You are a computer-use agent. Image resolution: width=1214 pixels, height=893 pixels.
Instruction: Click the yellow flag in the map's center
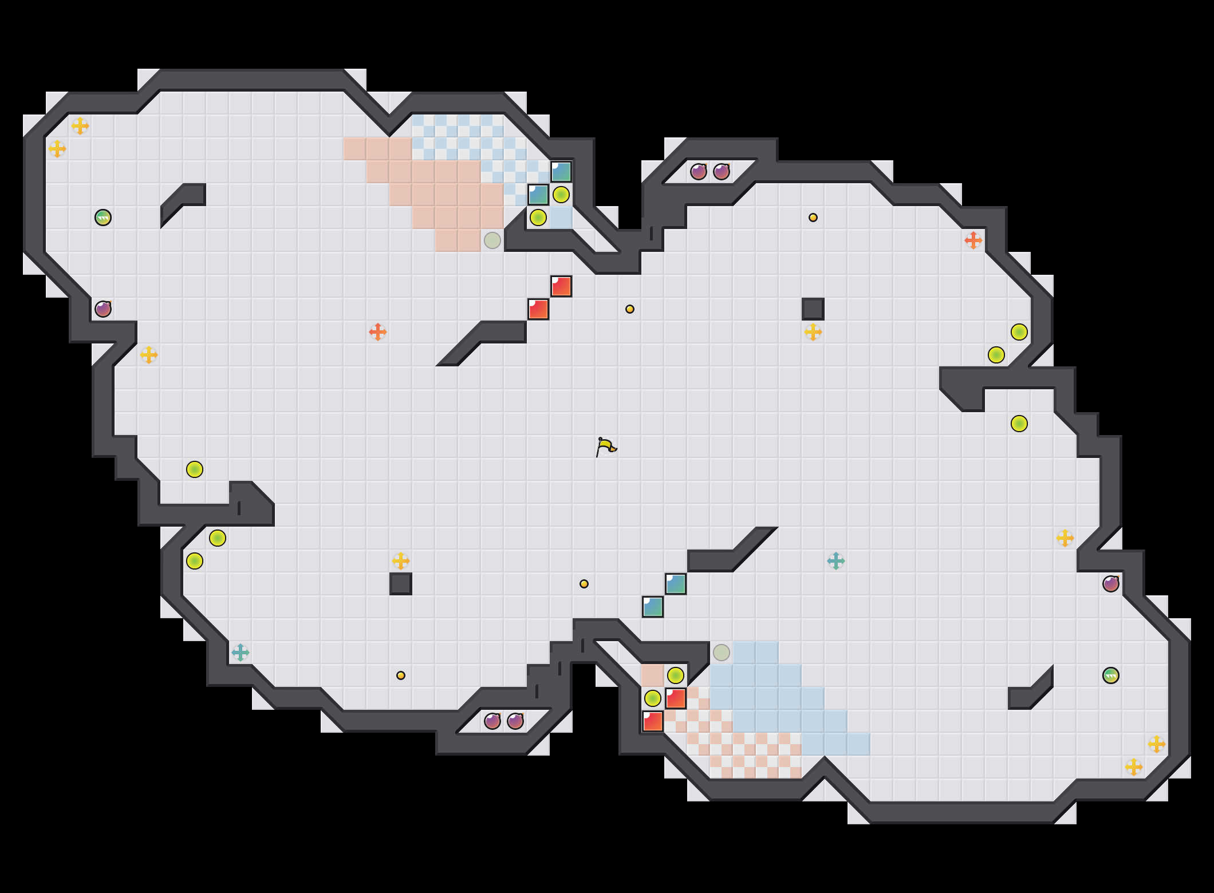pos(606,446)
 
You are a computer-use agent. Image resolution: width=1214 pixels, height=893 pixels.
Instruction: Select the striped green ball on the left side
pos(103,218)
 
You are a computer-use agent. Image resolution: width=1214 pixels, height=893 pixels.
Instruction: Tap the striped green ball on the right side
pos(1111,675)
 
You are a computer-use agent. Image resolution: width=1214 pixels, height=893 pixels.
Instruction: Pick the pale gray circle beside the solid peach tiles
pos(492,240)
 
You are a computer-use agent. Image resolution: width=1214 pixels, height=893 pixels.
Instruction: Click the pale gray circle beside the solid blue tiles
pos(722,653)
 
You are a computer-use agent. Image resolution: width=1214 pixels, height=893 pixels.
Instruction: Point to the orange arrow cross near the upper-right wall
pos(973,240)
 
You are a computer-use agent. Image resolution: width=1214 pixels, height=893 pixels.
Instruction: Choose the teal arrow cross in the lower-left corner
pos(241,653)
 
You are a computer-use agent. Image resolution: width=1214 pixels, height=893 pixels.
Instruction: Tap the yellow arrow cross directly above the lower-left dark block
pos(401,561)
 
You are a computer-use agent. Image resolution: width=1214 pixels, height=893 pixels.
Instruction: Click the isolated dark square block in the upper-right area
pos(813,309)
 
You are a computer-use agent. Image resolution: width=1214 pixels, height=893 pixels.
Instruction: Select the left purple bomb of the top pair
pos(699,172)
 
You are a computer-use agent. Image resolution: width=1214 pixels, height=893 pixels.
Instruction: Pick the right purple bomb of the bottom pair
pos(515,721)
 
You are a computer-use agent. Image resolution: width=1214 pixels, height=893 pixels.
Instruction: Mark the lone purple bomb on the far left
pos(103,309)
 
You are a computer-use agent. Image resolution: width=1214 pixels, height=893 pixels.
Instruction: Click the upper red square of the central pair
pos(561,286)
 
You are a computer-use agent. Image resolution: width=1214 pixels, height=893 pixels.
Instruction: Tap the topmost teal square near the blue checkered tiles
pos(561,172)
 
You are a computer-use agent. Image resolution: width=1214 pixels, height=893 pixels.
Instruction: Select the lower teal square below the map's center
pos(653,607)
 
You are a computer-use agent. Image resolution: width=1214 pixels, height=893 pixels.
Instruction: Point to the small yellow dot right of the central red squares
pos(630,309)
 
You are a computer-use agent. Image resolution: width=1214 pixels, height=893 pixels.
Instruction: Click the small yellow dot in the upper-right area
pos(813,218)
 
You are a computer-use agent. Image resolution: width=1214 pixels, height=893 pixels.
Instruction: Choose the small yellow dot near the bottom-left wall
pos(401,675)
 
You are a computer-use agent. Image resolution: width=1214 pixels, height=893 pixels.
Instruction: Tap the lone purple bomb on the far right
pos(1111,584)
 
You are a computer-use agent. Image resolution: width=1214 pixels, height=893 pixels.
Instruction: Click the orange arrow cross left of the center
pos(378,332)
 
